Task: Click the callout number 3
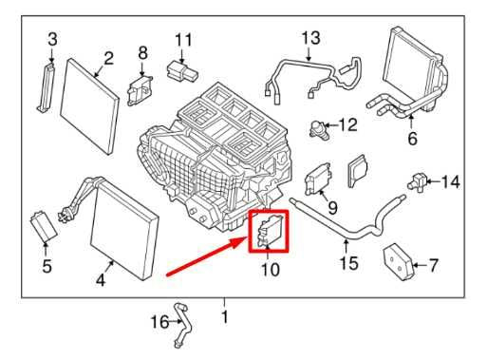52,39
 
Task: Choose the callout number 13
311,38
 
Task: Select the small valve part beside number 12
317,126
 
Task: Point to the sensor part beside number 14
415,180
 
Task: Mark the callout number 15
349,262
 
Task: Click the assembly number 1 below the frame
225,315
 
